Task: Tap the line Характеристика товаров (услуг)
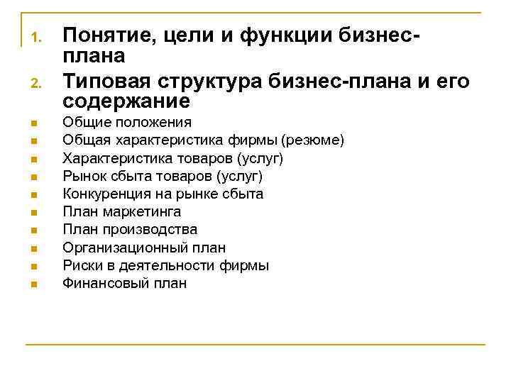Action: pyautogui.click(x=172, y=157)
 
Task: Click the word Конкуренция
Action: pyautogui.click(x=108, y=194)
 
